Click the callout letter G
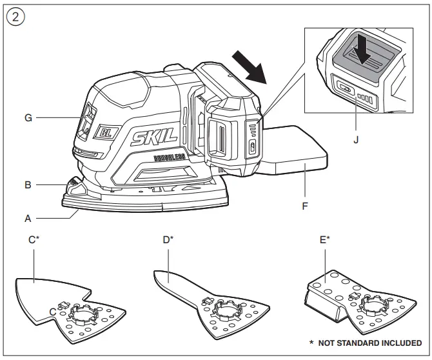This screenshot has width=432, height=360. [28, 118]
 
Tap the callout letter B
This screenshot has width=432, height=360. [28, 185]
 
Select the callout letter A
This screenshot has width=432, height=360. [28, 219]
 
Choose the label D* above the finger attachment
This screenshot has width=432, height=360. [168, 240]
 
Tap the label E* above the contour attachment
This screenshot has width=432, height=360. [325, 240]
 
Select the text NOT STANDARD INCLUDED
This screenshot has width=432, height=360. [369, 343]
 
